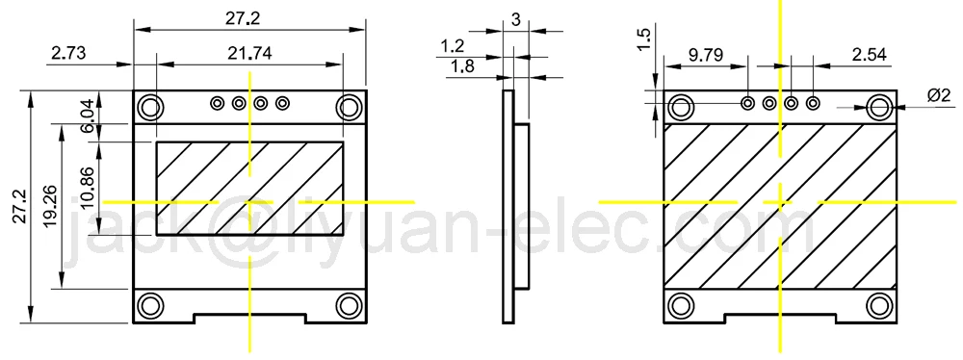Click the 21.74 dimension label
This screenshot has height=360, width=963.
pyautogui.click(x=249, y=54)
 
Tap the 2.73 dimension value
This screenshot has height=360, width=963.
pyautogui.click(x=66, y=54)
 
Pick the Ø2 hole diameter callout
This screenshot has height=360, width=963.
pyautogui.click(x=939, y=95)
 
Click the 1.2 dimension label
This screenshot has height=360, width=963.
pyautogui.click(x=453, y=45)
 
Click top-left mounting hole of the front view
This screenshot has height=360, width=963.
pyautogui.click(x=150, y=105)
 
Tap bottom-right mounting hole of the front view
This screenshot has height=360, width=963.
pyautogui.click(x=349, y=306)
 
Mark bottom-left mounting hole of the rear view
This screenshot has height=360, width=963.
pyautogui.click(x=681, y=306)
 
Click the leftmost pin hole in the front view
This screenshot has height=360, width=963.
pyautogui.click(x=218, y=102)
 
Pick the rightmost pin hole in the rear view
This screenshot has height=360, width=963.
pyautogui.click(x=813, y=102)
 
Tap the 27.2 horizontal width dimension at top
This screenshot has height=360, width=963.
pyautogui.click(x=247, y=17)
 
